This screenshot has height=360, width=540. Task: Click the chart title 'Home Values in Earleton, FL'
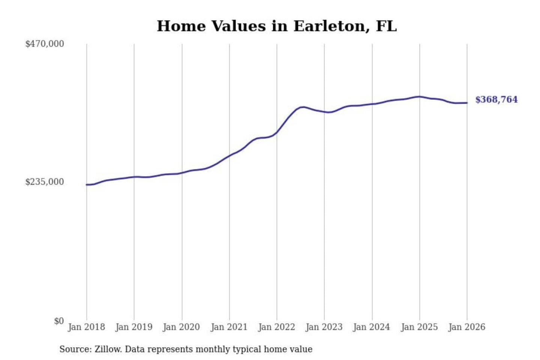(x=276, y=26)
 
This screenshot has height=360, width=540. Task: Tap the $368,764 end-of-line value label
(x=496, y=99)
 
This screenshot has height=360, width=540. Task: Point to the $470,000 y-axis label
(x=45, y=44)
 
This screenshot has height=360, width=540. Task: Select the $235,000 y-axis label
(x=45, y=182)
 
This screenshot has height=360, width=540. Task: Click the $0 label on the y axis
(x=59, y=321)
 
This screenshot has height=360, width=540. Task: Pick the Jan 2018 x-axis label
(x=86, y=327)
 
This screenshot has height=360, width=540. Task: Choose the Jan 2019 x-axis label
(x=134, y=327)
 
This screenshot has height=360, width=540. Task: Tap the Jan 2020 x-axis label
(x=181, y=327)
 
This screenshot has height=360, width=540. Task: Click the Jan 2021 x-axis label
(x=229, y=327)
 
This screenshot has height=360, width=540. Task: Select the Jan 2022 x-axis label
(x=277, y=327)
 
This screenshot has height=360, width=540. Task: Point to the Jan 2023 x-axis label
(x=324, y=327)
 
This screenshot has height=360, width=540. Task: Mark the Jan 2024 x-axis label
(x=372, y=327)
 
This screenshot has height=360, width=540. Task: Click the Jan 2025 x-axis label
(x=419, y=327)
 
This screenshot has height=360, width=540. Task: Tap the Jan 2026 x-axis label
(x=467, y=327)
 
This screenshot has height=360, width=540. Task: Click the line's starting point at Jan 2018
(x=87, y=184)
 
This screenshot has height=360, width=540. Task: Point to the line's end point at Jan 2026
(x=467, y=103)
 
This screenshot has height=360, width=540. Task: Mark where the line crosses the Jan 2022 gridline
(x=277, y=132)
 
